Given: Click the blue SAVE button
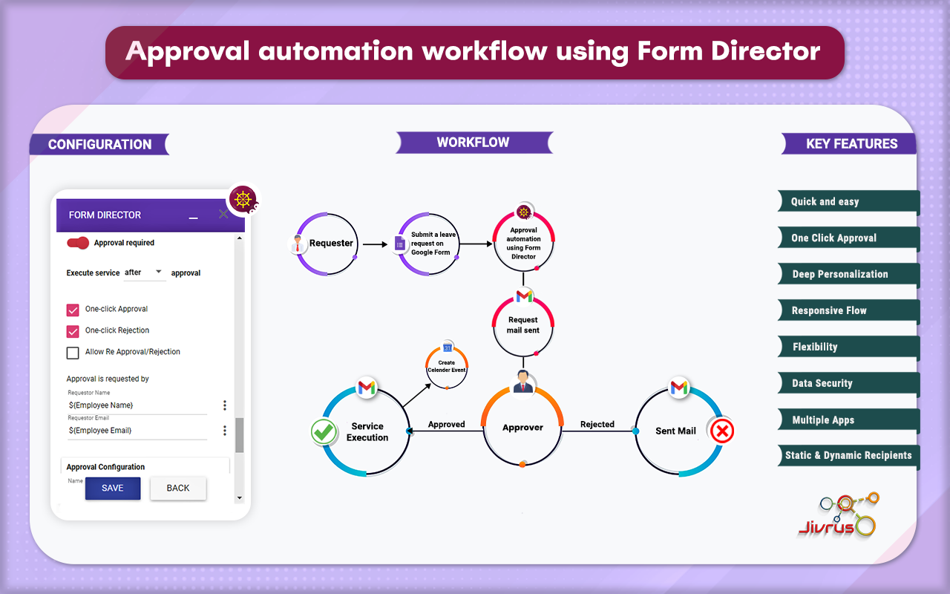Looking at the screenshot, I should (x=113, y=488).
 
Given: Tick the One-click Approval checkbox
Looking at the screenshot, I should (x=73, y=310).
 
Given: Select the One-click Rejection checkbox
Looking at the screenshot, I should (x=73, y=331).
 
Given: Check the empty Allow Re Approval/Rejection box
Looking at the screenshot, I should (x=73, y=353).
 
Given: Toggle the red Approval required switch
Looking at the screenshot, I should (x=78, y=243).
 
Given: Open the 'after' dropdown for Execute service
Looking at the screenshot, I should (x=144, y=272).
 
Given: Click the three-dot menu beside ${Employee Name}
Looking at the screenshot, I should (x=225, y=405).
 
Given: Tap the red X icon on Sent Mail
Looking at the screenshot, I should (x=721, y=431).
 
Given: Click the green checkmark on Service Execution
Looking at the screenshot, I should (x=324, y=432).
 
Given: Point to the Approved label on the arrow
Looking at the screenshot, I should (x=446, y=425).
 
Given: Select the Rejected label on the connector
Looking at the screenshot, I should (x=597, y=425).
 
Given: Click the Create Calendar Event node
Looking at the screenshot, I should (x=447, y=366).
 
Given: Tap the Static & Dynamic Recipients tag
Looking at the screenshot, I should (x=848, y=455).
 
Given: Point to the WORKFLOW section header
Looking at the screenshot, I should (x=474, y=143).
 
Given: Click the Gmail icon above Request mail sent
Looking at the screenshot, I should (x=524, y=296).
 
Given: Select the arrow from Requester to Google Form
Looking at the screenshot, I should (x=376, y=244).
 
